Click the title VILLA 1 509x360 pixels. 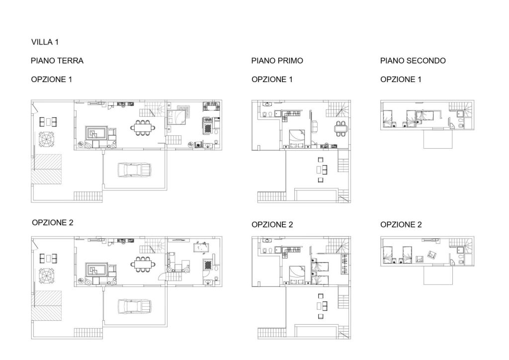45,42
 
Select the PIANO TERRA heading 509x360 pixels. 57,61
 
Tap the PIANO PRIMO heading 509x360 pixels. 277,61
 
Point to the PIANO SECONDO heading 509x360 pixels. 413,61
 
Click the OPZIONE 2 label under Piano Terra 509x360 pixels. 53,223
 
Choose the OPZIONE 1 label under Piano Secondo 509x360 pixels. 401,80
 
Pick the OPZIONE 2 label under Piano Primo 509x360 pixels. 272,225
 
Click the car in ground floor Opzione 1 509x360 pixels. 134,170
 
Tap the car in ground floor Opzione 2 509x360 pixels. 134,306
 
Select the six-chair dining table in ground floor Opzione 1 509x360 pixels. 143,128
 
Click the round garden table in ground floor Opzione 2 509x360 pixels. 46,275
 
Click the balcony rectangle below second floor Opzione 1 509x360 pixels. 438,139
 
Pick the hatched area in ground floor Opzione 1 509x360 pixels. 46,169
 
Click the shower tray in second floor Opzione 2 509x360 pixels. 460,250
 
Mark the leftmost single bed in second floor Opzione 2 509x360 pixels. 388,255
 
